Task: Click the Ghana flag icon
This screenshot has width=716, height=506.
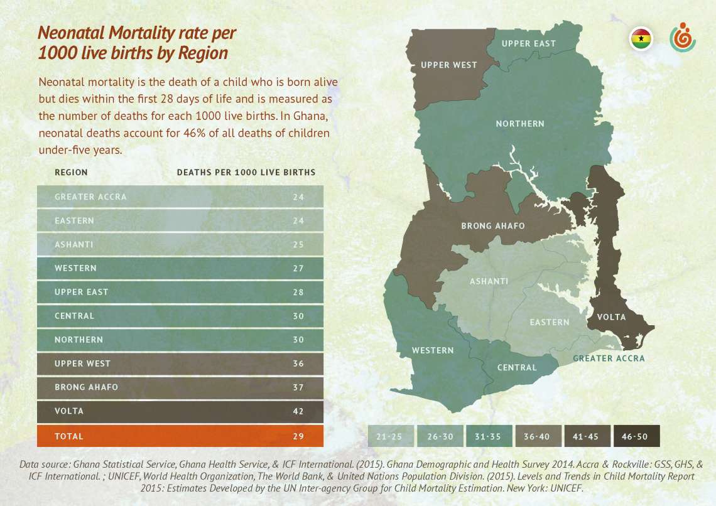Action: pyautogui.click(x=641, y=39)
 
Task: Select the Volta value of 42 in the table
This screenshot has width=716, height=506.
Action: pyautogui.click(x=298, y=411)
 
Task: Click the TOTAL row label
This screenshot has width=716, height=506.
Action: pyautogui.click(x=69, y=436)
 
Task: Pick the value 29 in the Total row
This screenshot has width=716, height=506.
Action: pyautogui.click(x=298, y=436)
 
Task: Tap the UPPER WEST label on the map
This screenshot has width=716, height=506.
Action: pyautogui.click(x=449, y=65)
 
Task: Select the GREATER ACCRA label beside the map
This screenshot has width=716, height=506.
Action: pyautogui.click(x=609, y=358)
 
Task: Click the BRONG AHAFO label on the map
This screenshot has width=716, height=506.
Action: pyautogui.click(x=493, y=226)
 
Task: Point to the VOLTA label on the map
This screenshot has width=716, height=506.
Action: pyautogui.click(x=611, y=317)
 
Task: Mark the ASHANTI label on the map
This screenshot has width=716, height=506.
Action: pyautogui.click(x=489, y=281)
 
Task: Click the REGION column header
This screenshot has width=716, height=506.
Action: pyautogui.click(x=71, y=172)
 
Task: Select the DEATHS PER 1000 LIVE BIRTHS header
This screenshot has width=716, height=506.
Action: pyautogui.click(x=246, y=172)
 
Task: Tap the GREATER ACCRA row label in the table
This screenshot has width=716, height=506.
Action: pyautogui.click(x=90, y=196)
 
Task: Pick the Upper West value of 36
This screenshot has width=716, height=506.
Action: pyautogui.click(x=298, y=363)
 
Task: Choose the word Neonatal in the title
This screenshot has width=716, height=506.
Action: pyautogui.click(x=68, y=33)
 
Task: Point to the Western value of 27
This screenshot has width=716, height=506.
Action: pyautogui.click(x=298, y=268)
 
